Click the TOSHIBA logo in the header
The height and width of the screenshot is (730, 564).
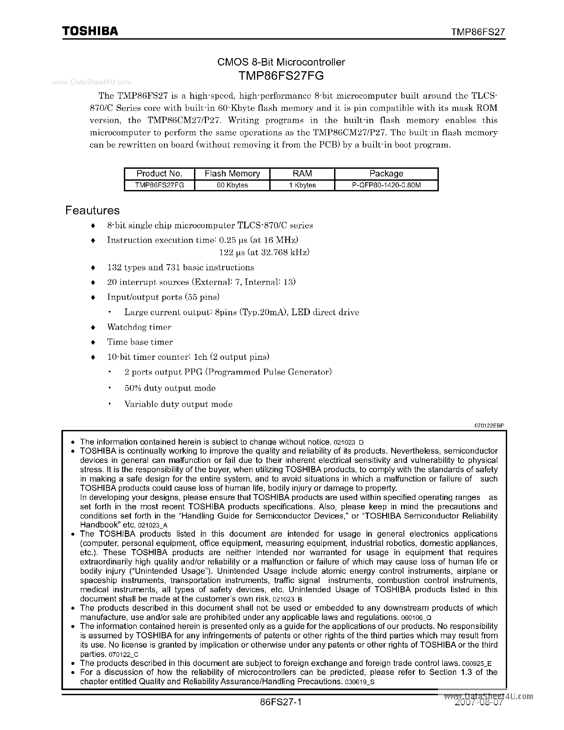click(90, 31)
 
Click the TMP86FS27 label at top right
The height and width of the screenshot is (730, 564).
click(478, 32)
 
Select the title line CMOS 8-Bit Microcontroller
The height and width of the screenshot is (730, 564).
click(281, 62)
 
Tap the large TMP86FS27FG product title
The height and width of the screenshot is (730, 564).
click(281, 76)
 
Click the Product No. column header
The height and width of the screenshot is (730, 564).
click(159, 174)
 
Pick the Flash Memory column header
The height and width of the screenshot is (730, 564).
click(232, 174)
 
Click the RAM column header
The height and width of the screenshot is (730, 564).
click(302, 174)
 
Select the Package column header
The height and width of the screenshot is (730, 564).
click(386, 174)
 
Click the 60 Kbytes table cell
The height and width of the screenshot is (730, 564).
click(232, 185)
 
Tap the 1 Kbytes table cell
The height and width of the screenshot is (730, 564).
click(302, 185)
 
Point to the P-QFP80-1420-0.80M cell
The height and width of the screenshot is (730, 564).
click(386, 185)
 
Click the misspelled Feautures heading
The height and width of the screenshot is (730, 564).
click(92, 210)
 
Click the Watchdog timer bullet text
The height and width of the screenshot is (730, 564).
click(139, 327)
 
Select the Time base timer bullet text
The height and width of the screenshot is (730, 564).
click(140, 342)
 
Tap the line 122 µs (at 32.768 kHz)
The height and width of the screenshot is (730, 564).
click(264, 252)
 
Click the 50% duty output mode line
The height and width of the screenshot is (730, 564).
click(170, 388)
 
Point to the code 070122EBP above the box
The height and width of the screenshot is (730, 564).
click(489, 425)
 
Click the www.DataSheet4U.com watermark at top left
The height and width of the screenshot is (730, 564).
click(92, 82)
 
